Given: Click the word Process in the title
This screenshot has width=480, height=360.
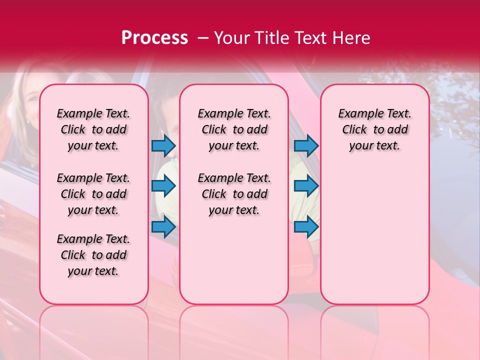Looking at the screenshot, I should coord(154,38).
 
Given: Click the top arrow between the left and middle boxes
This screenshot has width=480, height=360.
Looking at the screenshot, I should coord(163,146).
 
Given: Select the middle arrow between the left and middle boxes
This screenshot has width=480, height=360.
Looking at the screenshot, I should coord(163,186).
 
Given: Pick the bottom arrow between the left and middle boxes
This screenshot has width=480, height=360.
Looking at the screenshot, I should coord(163,226).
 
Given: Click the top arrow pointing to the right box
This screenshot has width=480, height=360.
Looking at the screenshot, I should coord(306,146).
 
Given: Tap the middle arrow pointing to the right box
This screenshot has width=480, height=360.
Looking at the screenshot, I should coord(306,186).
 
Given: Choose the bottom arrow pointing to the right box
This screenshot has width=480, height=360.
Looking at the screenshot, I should coord(306,226).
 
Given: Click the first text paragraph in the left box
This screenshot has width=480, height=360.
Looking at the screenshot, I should coord(93,129).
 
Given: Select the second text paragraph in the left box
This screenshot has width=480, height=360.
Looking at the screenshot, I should coord(93,194).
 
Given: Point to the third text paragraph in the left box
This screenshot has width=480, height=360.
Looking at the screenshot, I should coord(93,255).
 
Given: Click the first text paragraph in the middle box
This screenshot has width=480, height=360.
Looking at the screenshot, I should coord(234,129).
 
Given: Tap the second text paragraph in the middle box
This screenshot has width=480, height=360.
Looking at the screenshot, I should coord(234,194).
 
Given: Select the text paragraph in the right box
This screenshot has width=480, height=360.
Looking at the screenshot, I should coord(374,129).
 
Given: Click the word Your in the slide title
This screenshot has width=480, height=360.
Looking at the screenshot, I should coord(230,38).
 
